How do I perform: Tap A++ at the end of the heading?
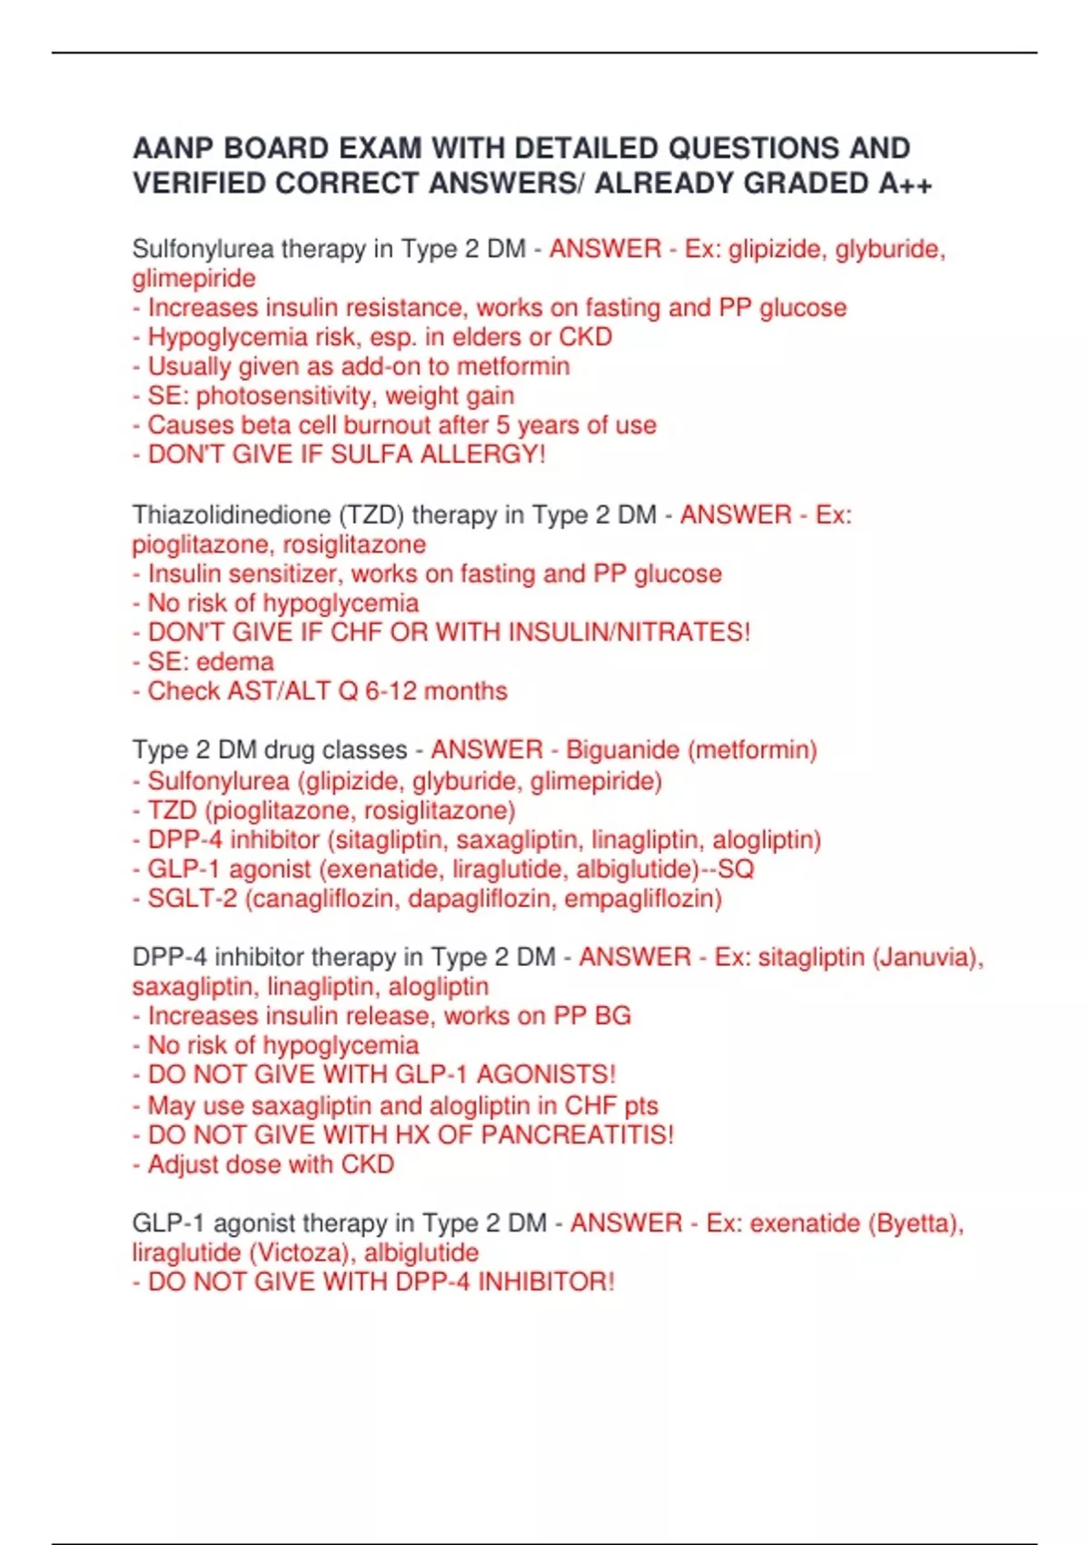(x=905, y=184)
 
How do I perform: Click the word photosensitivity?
(x=284, y=396)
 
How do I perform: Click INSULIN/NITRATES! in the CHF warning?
(x=629, y=633)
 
